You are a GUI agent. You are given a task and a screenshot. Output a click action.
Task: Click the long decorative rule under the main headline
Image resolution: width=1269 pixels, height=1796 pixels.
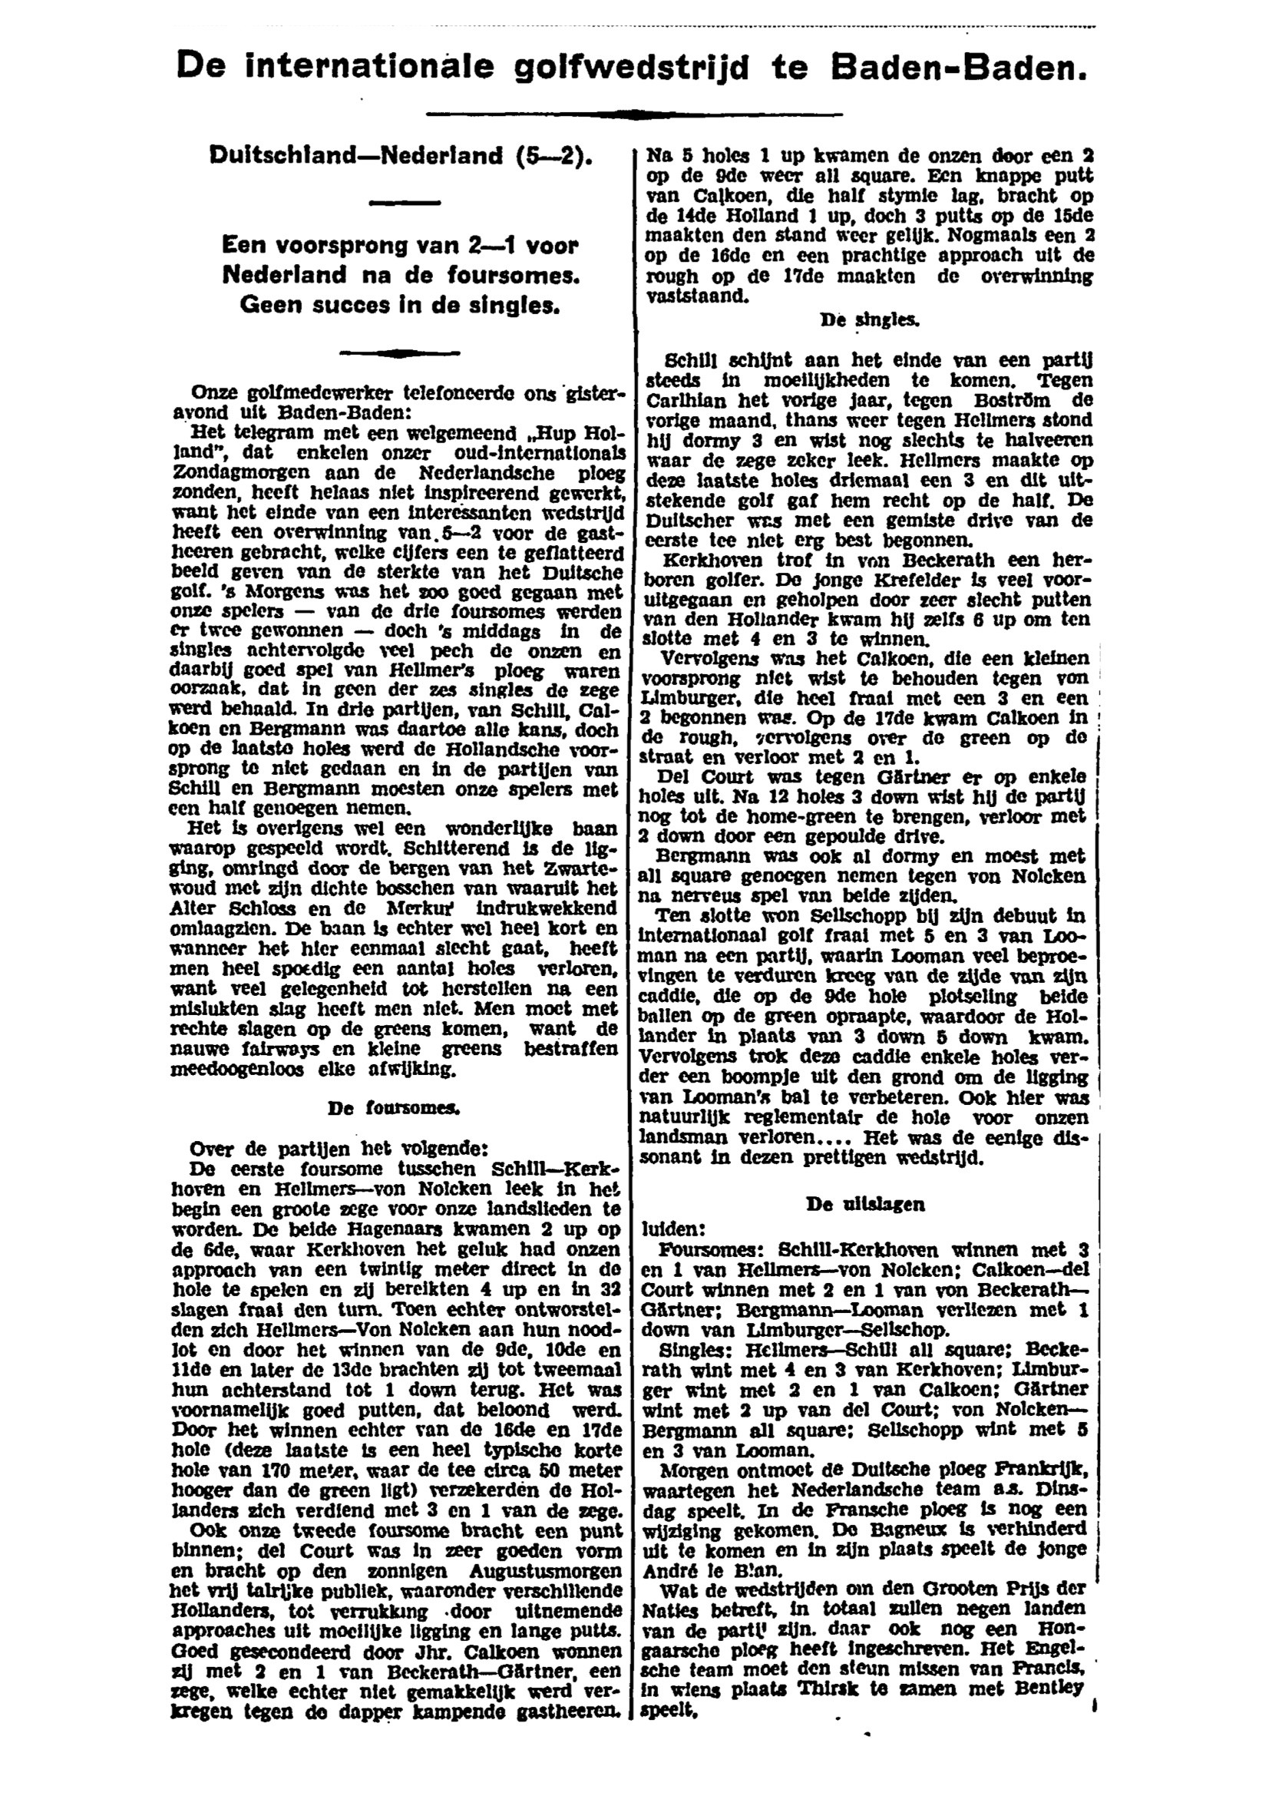click(634, 115)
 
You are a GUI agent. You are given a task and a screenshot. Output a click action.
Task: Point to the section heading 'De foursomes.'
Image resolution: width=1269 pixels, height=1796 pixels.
click(394, 1108)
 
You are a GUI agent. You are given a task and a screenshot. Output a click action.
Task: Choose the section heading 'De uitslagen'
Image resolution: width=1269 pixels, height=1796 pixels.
click(864, 1205)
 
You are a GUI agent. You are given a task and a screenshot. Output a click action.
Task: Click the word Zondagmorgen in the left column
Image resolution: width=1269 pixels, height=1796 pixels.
click(223, 473)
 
